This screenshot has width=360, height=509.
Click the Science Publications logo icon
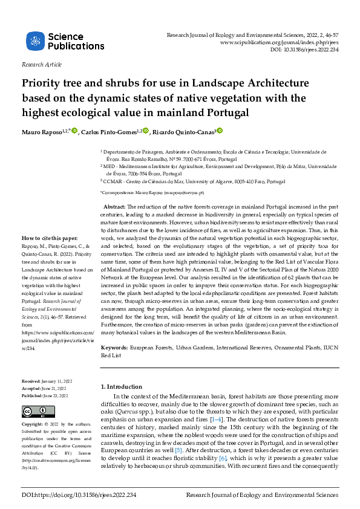(x=35, y=42)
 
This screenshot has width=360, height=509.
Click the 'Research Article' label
(x=42, y=64)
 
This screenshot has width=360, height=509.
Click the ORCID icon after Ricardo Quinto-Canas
(x=220, y=130)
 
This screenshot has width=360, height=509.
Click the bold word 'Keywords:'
(x=114, y=349)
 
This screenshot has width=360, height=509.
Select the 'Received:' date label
(x=30, y=381)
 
